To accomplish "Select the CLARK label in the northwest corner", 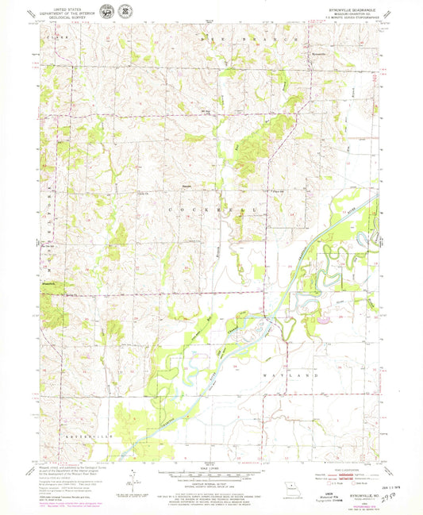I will pyautogui.click(x=54, y=37).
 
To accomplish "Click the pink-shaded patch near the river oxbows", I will pyautogui.click(x=326, y=322).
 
